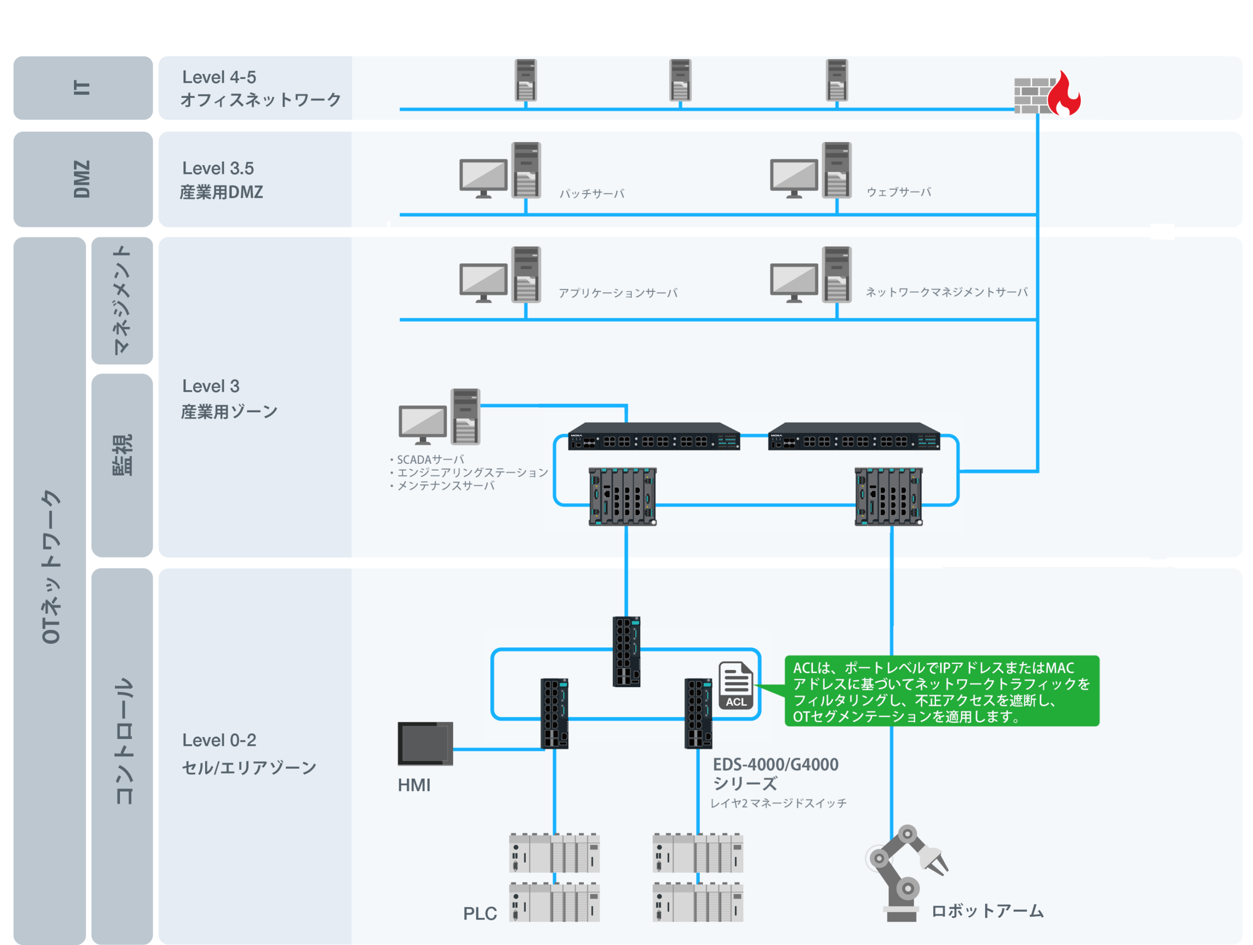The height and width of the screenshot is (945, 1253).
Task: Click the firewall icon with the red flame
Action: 1047,93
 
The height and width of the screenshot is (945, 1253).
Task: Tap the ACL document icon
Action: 736,685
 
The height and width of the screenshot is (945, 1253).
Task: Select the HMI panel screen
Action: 425,743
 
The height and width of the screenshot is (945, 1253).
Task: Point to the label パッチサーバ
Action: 592,194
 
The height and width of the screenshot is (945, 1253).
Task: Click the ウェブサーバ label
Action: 899,192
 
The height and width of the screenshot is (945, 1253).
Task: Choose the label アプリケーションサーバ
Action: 618,293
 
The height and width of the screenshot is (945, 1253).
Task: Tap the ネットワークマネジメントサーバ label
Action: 947,292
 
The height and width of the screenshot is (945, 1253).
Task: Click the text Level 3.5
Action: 218,168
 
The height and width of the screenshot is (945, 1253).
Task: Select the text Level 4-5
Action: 219,77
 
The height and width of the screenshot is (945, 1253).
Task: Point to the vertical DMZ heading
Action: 82,179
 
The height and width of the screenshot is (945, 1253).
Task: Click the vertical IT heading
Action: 82,87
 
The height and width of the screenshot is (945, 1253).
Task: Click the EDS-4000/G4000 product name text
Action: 775,764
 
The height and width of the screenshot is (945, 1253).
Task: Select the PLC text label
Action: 480,913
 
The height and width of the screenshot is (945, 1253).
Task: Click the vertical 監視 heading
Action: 122,455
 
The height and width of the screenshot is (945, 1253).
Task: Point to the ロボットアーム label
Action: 988,910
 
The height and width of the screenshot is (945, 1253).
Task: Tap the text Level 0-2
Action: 219,740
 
